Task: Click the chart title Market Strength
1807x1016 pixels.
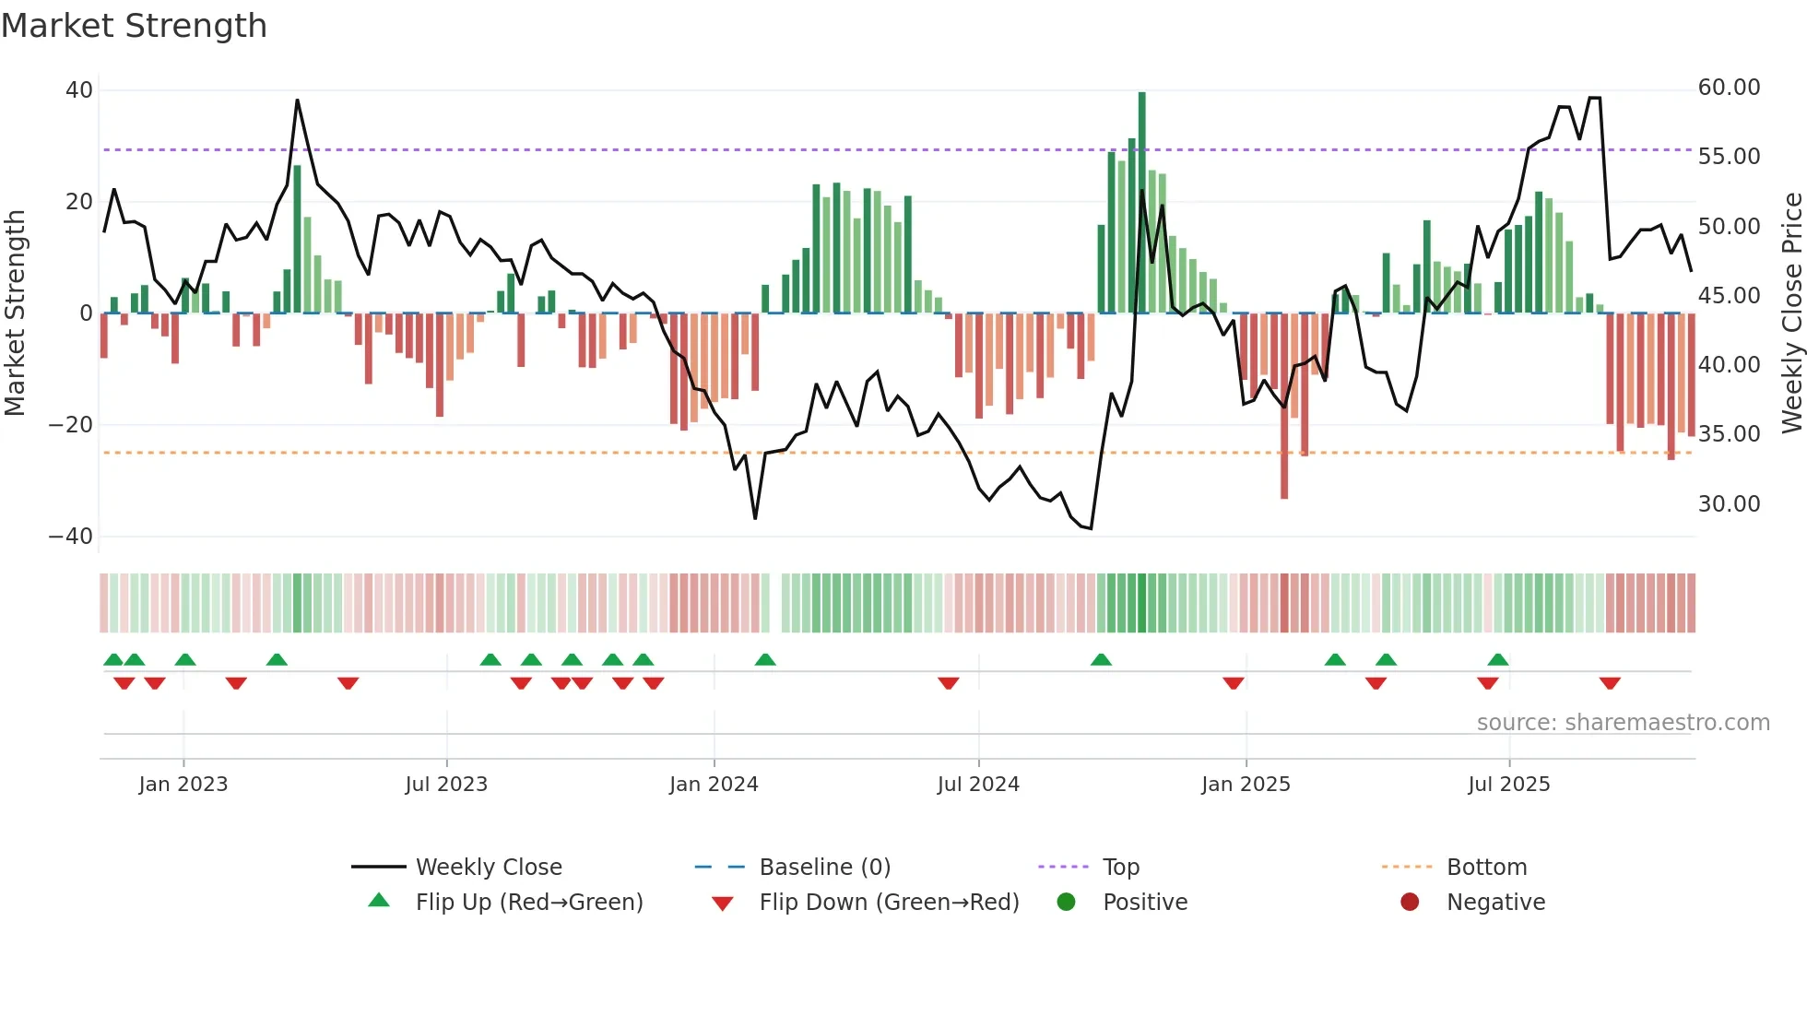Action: pyautogui.click(x=134, y=26)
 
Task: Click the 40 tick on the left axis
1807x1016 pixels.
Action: pyautogui.click(x=79, y=90)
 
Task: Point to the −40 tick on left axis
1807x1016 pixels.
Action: pyautogui.click(x=71, y=537)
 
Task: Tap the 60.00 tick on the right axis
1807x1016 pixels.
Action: pyautogui.click(x=1729, y=88)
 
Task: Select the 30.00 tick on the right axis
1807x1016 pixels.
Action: pyautogui.click(x=1729, y=504)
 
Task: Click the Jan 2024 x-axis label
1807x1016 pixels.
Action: pyautogui.click(x=714, y=785)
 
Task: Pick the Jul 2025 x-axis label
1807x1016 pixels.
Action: pyautogui.click(x=1508, y=785)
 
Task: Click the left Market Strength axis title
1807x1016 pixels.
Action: pyautogui.click(x=16, y=313)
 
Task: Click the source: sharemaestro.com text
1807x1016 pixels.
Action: pyautogui.click(x=1623, y=723)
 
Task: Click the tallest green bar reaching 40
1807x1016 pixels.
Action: pyautogui.click(x=1142, y=203)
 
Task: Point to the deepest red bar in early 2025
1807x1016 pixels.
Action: pyautogui.click(x=1284, y=406)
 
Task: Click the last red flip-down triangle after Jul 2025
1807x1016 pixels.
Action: pyautogui.click(x=1610, y=683)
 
